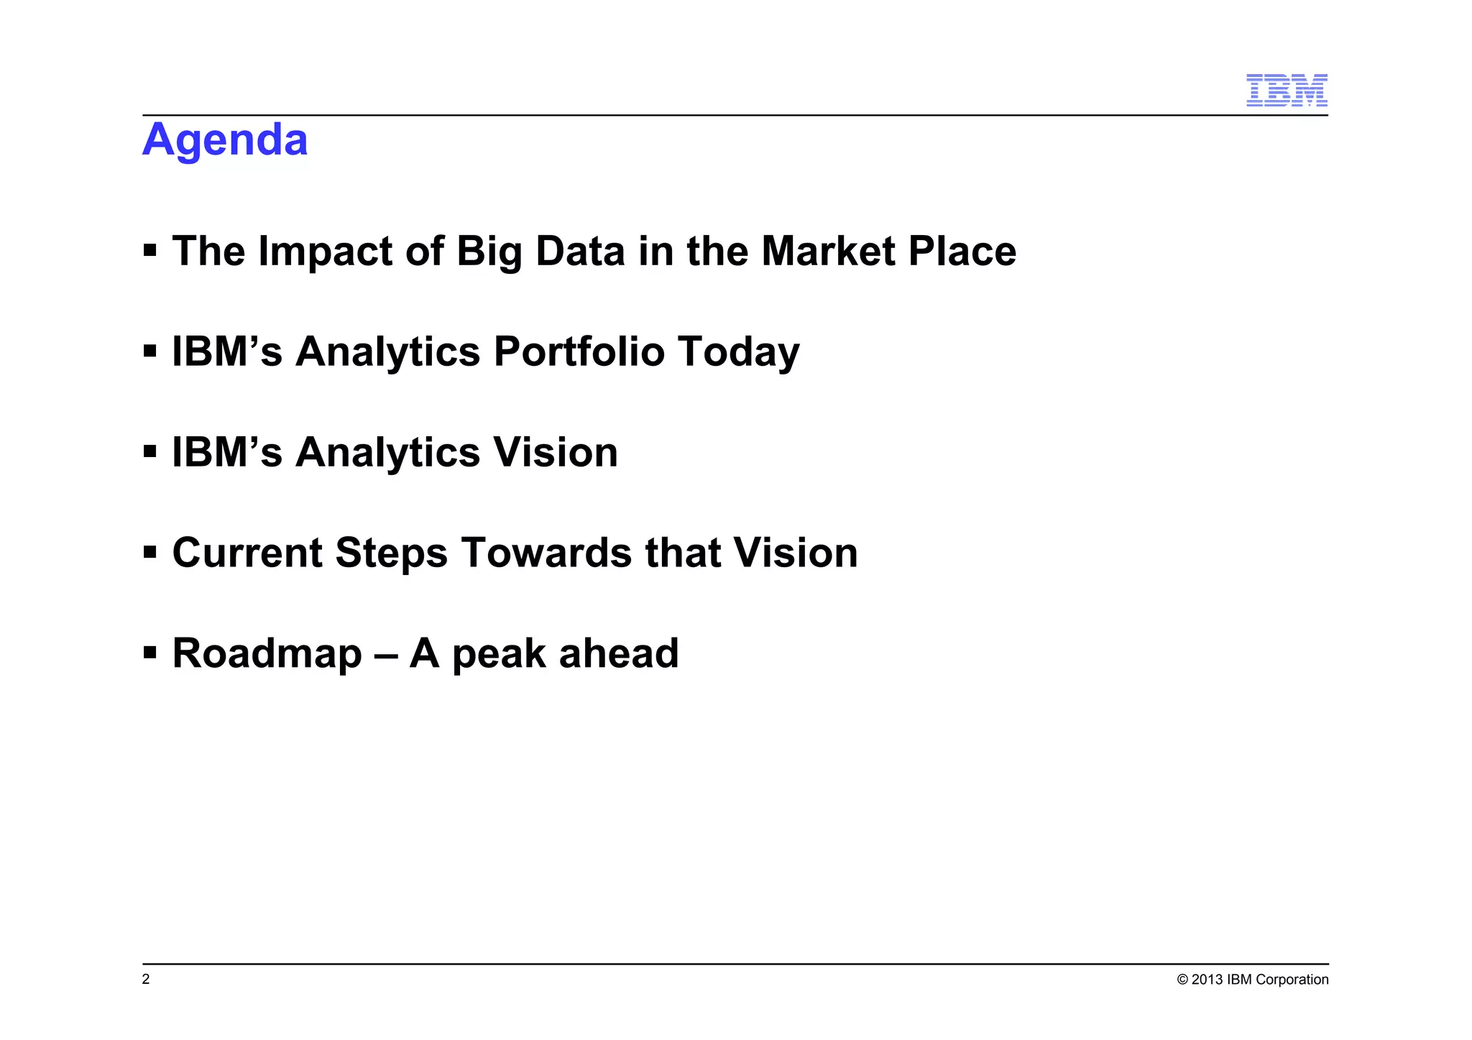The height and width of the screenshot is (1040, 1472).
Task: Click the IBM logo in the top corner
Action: coord(1286,91)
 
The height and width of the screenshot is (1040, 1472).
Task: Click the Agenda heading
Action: coord(225,139)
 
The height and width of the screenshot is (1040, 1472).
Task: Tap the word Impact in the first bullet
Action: coord(326,252)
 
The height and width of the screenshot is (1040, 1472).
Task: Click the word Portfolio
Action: coord(579,351)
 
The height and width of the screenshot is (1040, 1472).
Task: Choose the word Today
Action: coord(738,351)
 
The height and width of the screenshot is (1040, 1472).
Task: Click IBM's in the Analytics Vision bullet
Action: coord(227,452)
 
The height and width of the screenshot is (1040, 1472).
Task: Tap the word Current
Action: coord(247,553)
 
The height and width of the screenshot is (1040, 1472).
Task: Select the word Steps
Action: coord(391,553)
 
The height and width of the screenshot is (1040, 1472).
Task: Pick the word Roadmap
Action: coord(267,653)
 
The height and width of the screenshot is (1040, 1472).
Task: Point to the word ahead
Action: coord(619,653)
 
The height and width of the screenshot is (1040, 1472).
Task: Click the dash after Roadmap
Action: coord(386,655)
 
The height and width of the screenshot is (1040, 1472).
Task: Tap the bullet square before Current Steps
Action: coord(149,552)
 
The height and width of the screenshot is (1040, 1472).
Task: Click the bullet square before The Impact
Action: coord(149,250)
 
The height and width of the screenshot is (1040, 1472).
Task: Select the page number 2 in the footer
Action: coord(146,979)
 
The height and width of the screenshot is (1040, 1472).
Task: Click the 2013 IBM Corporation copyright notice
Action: coord(1252,979)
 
